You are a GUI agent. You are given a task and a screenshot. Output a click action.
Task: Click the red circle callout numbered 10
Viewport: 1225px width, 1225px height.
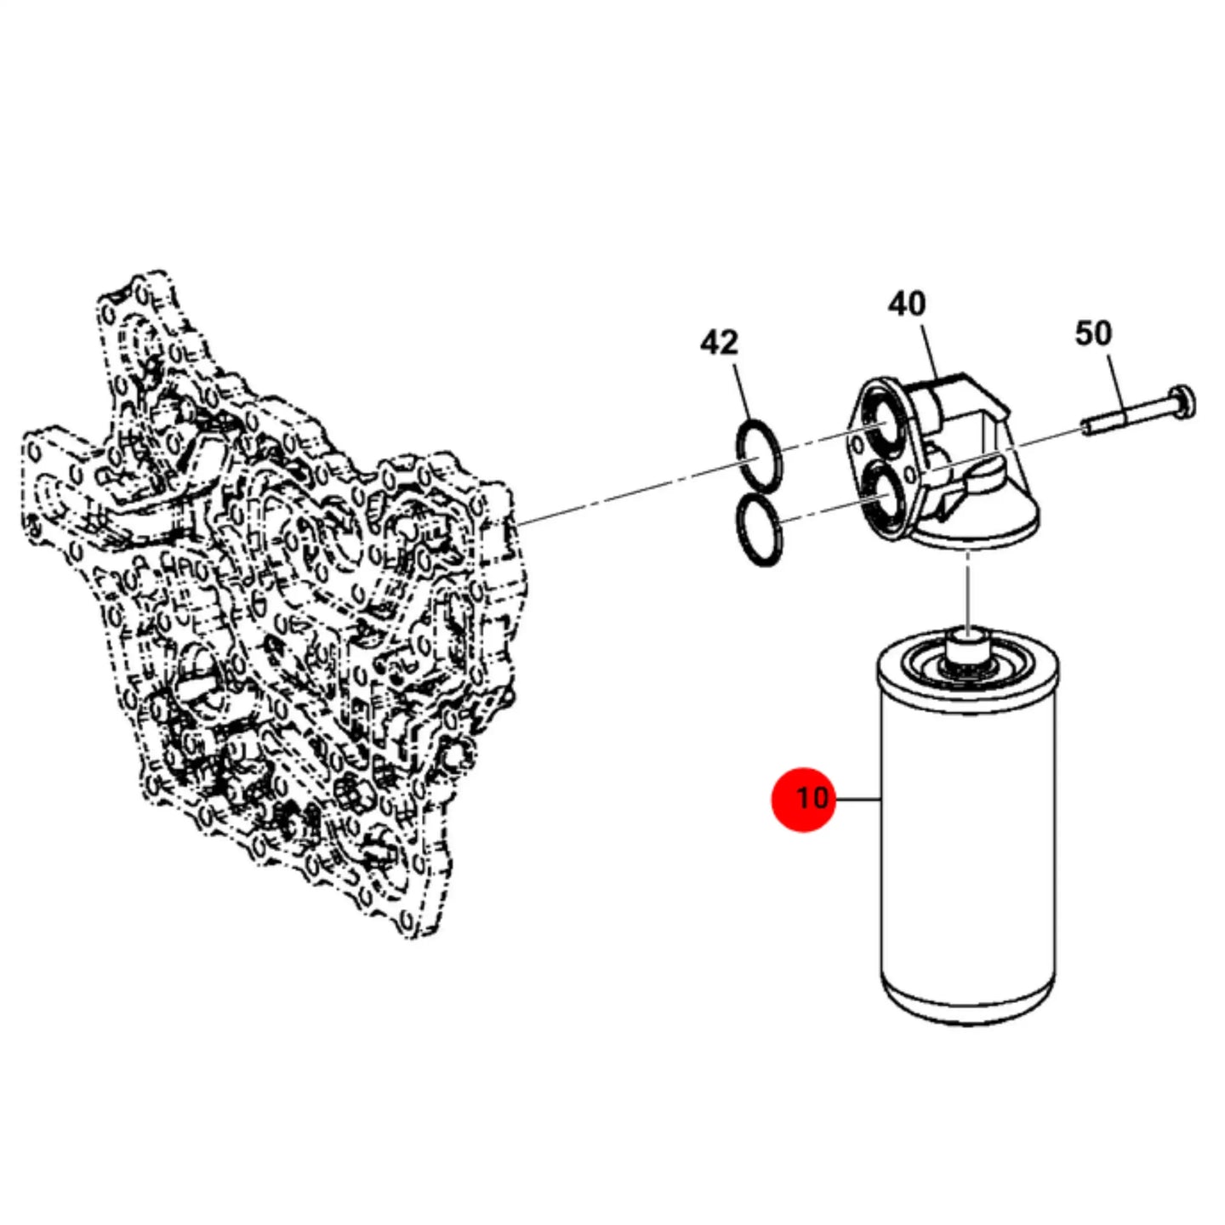tap(803, 799)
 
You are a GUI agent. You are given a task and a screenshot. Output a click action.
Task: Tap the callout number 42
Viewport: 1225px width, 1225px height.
tap(719, 343)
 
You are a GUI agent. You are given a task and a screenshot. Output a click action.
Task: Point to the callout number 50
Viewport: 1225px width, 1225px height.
tap(1093, 333)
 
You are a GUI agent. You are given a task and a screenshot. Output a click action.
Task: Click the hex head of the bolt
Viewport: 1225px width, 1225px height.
tap(1182, 402)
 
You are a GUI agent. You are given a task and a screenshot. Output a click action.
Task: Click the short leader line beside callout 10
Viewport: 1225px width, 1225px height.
tap(857, 799)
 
